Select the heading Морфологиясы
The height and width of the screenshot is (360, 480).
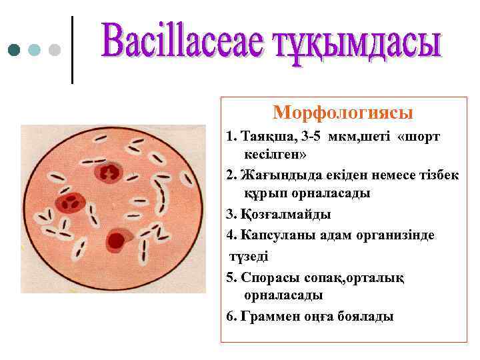(x=343, y=111)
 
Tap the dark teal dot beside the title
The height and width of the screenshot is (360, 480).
(x=14, y=49)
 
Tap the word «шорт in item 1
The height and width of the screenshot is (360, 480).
(x=418, y=137)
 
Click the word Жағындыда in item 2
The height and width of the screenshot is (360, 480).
(x=273, y=175)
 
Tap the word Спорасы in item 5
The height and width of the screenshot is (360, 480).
(x=266, y=277)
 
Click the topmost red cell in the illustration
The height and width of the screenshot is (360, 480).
(x=107, y=173)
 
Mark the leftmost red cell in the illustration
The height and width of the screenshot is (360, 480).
(x=67, y=203)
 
